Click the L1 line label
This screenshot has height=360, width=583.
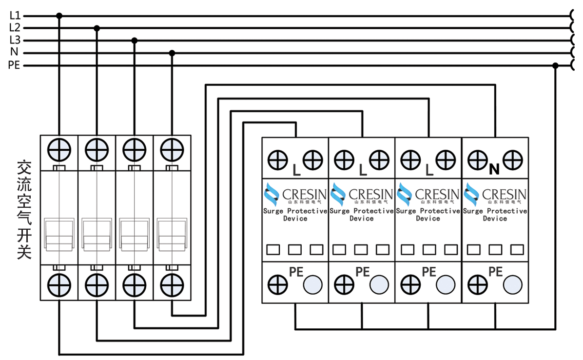click(x=15, y=16)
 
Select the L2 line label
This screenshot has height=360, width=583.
click(x=15, y=28)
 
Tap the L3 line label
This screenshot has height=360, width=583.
click(x=15, y=40)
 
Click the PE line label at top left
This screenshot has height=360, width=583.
click(x=14, y=65)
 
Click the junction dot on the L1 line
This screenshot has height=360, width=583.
click(x=59, y=16)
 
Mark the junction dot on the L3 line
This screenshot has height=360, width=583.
click(x=135, y=40)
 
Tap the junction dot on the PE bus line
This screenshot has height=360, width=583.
click(x=555, y=65)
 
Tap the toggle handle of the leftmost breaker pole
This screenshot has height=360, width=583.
click(x=59, y=234)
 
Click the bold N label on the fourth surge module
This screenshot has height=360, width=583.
click(x=494, y=169)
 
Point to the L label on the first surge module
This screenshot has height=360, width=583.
click(x=296, y=170)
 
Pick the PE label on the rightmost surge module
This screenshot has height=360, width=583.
click(x=495, y=272)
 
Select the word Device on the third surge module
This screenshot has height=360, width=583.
click(x=428, y=219)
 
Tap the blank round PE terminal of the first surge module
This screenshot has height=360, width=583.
click(x=313, y=284)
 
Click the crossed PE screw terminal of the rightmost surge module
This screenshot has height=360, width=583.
click(x=477, y=284)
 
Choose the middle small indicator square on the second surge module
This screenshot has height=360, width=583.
click(x=361, y=250)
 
